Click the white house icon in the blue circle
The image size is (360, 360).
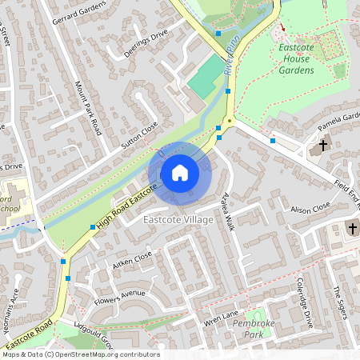[x=180, y=172]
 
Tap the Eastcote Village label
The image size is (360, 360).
[x=178, y=219]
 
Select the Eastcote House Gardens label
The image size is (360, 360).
[x=294, y=58]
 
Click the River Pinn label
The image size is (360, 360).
[x=233, y=61]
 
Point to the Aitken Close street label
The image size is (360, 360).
[x=132, y=261]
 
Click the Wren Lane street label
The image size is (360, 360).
[x=222, y=318]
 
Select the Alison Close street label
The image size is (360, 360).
[x=310, y=210]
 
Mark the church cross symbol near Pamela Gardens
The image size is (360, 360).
[x=323, y=146]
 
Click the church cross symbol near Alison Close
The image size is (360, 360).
[x=352, y=229]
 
